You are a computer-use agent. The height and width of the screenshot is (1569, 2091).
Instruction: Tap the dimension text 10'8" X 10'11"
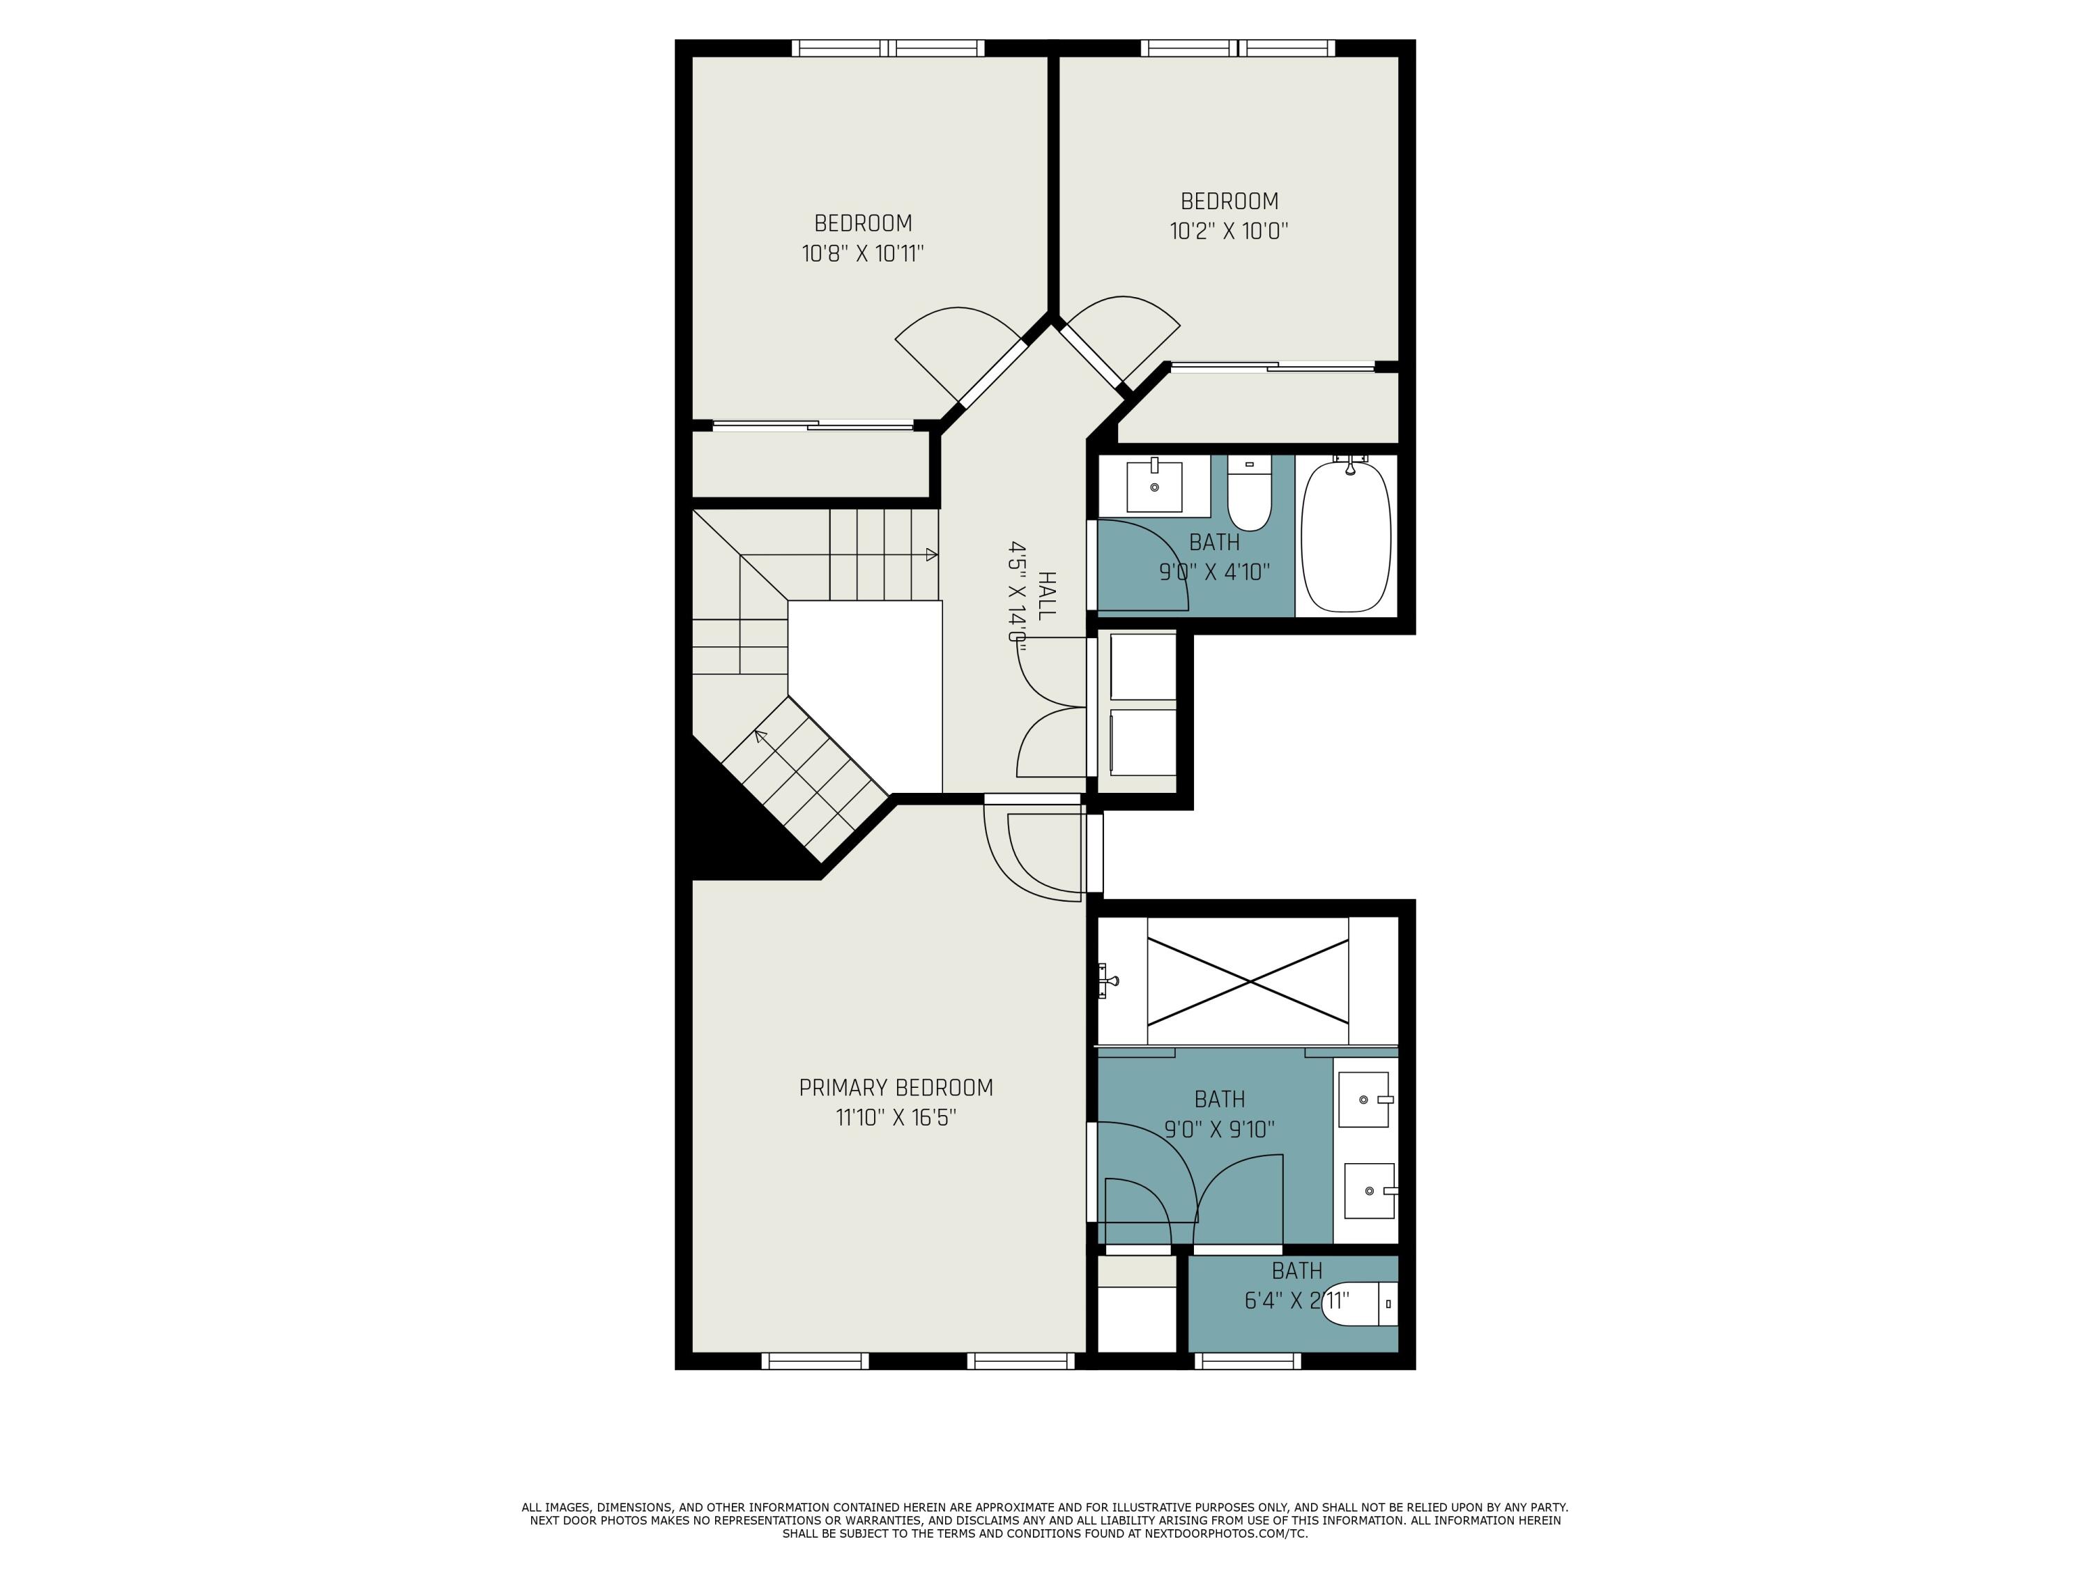(x=862, y=253)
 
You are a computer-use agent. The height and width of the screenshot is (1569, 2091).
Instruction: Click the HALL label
(x=1045, y=596)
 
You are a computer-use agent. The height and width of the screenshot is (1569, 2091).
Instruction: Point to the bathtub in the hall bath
(x=1345, y=536)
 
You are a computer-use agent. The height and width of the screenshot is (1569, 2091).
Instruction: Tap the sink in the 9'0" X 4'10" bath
(x=1154, y=486)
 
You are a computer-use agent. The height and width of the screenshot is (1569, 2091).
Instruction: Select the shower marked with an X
(x=1248, y=983)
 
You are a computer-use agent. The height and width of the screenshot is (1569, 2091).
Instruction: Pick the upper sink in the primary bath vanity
(x=1364, y=1099)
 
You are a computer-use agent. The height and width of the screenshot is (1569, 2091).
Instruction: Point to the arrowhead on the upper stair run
(x=931, y=554)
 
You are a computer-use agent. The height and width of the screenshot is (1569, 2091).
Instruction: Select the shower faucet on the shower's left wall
(x=1108, y=980)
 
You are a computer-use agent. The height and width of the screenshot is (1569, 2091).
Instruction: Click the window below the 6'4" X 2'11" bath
(x=1248, y=1361)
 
